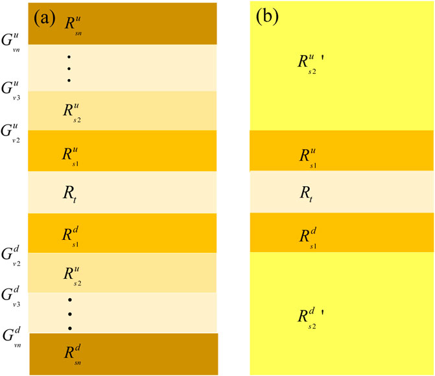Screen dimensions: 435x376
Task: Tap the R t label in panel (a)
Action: [72, 192]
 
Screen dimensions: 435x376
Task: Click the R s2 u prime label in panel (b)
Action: [310, 63]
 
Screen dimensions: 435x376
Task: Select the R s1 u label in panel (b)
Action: [308, 157]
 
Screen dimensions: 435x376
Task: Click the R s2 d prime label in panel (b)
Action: [310, 318]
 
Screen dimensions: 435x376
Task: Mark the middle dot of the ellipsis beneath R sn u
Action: [69, 68]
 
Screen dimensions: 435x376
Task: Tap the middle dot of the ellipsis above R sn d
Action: [69, 314]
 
